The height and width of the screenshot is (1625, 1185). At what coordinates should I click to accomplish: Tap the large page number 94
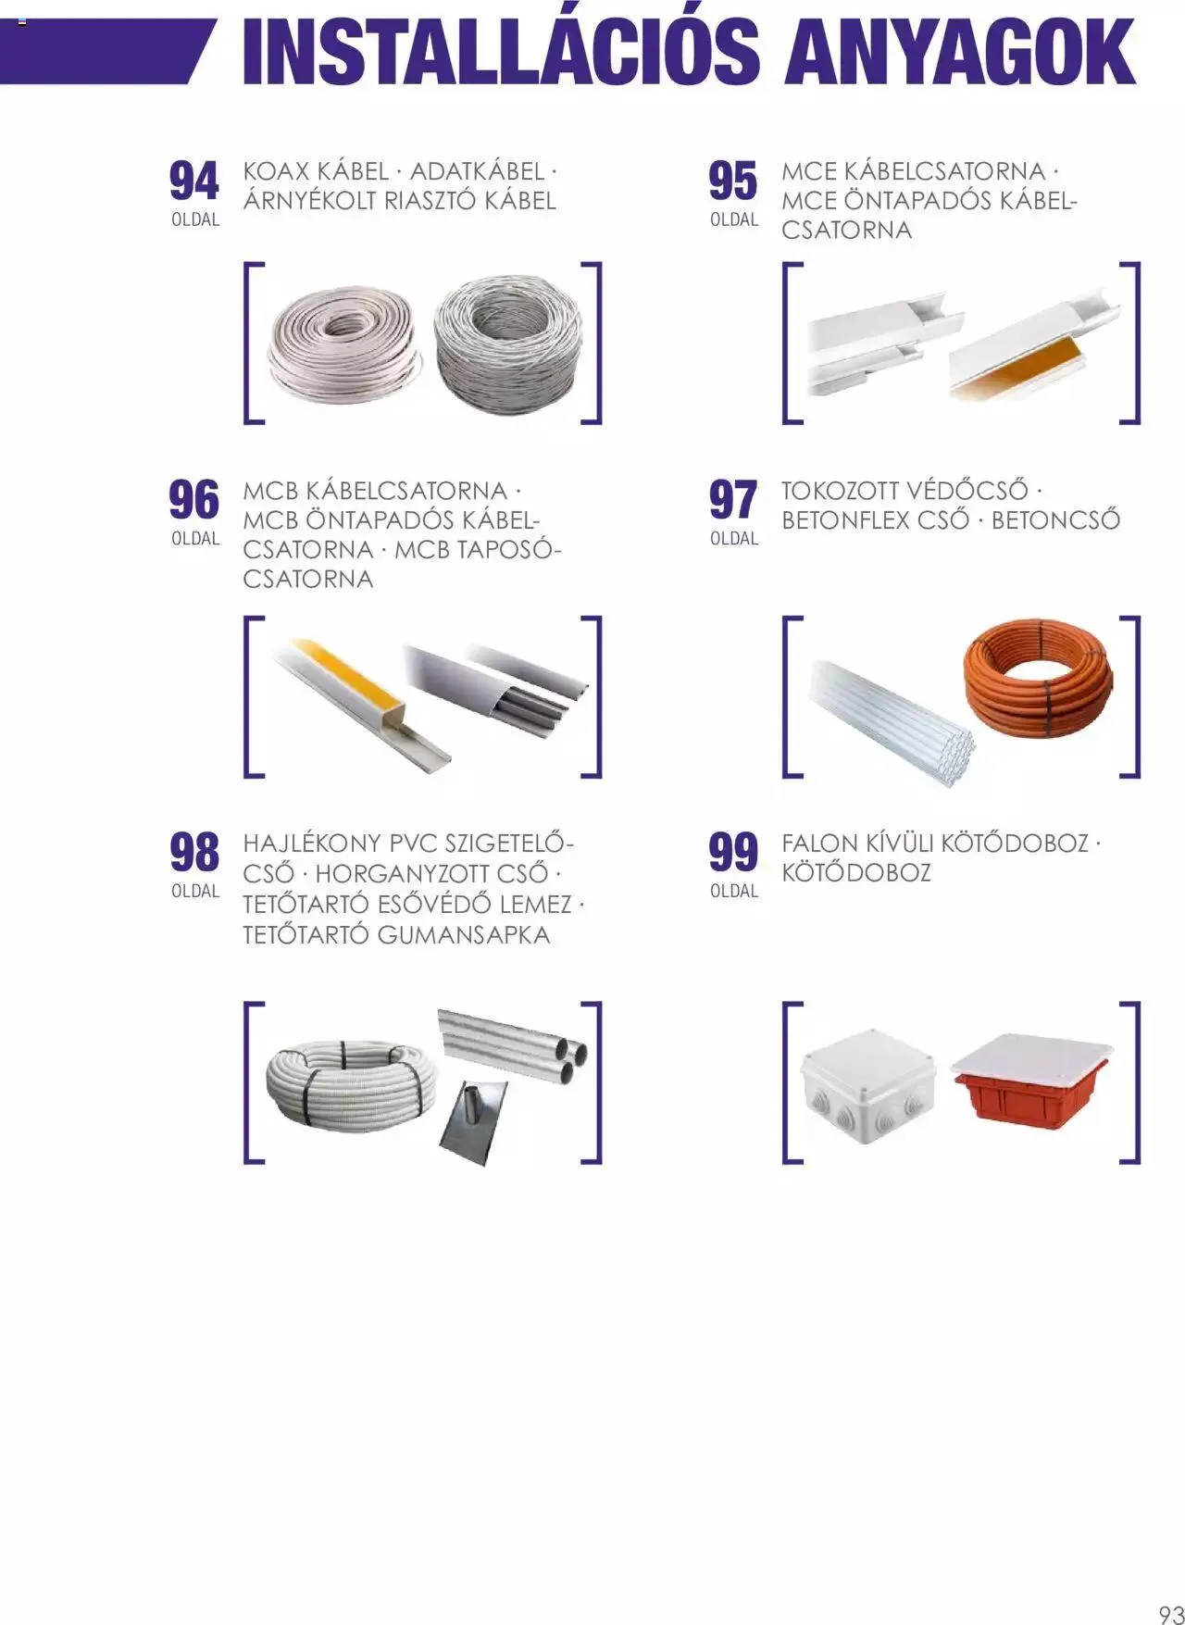click(x=194, y=181)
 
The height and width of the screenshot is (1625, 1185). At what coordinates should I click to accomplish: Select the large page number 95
click(x=733, y=181)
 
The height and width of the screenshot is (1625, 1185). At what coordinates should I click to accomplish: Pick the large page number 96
click(x=194, y=500)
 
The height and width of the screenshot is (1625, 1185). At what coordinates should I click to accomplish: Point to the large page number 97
click(x=733, y=500)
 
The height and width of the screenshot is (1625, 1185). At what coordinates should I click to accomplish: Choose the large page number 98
click(x=194, y=853)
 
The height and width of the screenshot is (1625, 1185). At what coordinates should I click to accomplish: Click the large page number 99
click(x=733, y=853)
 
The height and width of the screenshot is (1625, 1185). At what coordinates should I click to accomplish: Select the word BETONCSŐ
click(x=1055, y=519)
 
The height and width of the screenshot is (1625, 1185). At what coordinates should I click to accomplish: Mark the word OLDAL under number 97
click(x=734, y=539)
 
